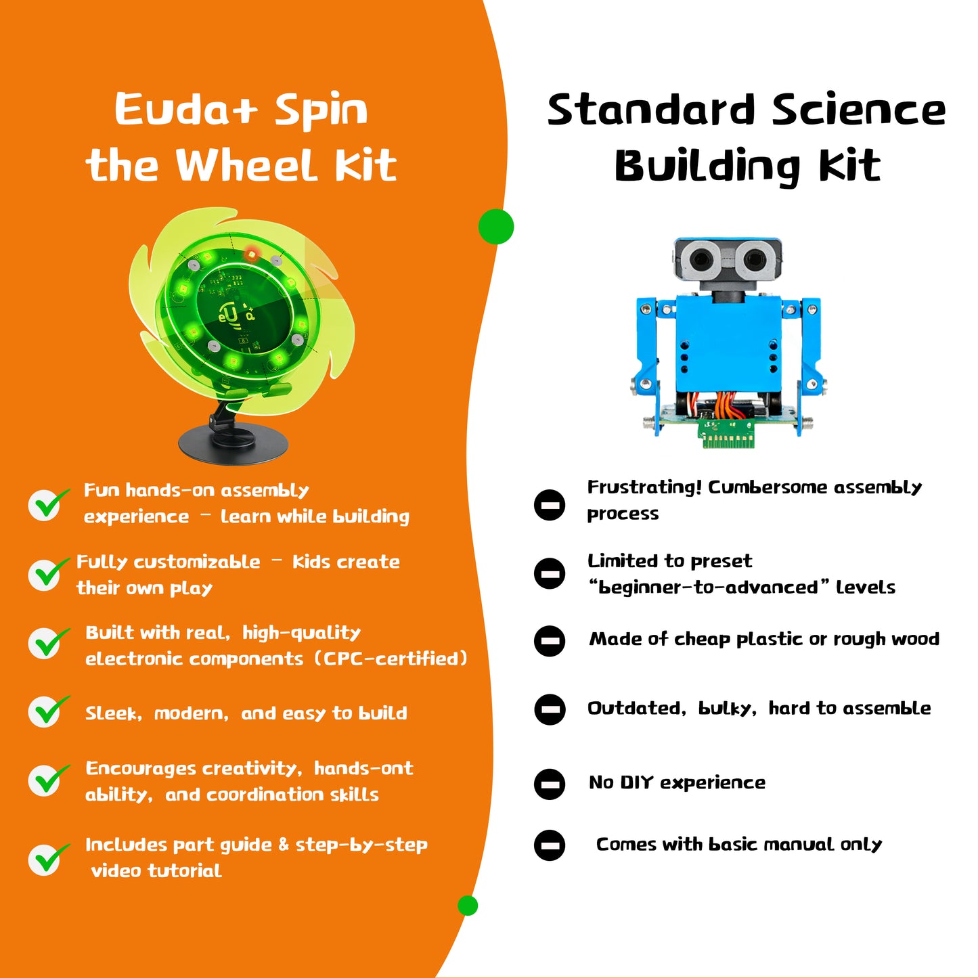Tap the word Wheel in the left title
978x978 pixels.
[x=247, y=166]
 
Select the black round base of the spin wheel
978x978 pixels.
[x=234, y=443]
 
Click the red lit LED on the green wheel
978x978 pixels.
[x=251, y=254]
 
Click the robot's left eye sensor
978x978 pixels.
[x=698, y=258]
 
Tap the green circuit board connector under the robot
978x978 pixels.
[x=726, y=434]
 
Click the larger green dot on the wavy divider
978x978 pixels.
[x=496, y=226]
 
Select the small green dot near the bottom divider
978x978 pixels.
[x=468, y=905]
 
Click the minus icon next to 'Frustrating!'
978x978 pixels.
[x=550, y=505]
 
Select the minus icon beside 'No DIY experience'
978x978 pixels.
[x=550, y=784]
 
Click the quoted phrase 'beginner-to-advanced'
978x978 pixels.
[x=708, y=587]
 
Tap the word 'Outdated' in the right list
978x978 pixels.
[x=634, y=708]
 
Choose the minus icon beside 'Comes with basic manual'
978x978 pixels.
[x=550, y=845]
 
